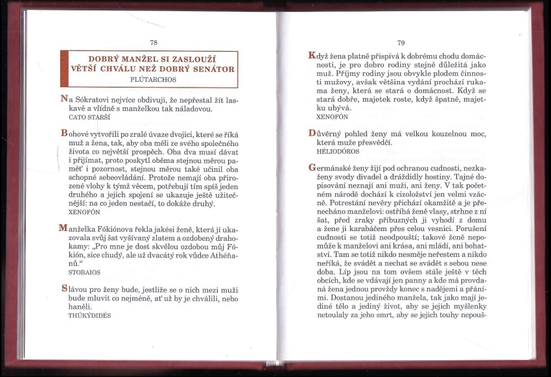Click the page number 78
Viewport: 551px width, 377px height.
point(154,43)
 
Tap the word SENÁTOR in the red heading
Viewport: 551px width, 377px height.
point(211,69)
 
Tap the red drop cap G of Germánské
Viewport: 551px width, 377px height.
point(312,167)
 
